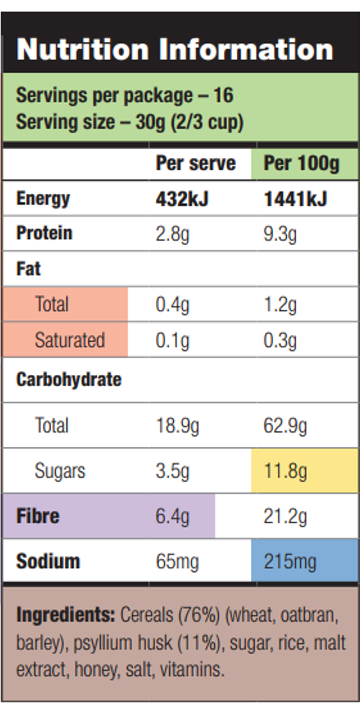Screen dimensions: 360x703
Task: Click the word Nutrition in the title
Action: pyautogui.click(x=83, y=49)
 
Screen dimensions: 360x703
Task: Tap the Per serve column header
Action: pyautogui.click(x=196, y=163)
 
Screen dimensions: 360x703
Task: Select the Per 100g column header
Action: pyautogui.click(x=301, y=164)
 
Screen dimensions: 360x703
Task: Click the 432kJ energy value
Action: pyautogui.click(x=182, y=199)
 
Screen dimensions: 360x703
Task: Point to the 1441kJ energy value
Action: pyautogui.click(x=295, y=199)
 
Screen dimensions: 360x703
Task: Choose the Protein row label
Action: pyautogui.click(x=44, y=233)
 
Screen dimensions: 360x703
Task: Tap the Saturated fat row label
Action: pyautogui.click(x=69, y=340)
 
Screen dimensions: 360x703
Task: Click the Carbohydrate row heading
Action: pyautogui.click(x=69, y=380)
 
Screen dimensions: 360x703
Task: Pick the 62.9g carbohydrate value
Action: pyautogui.click(x=285, y=426)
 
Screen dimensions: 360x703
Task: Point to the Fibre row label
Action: pyautogui.click(x=38, y=516)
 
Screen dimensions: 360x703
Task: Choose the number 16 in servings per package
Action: pyautogui.click(x=224, y=95)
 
